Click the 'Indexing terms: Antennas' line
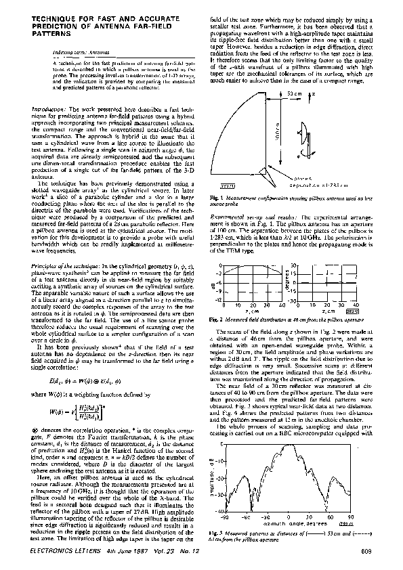tap(74, 51)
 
